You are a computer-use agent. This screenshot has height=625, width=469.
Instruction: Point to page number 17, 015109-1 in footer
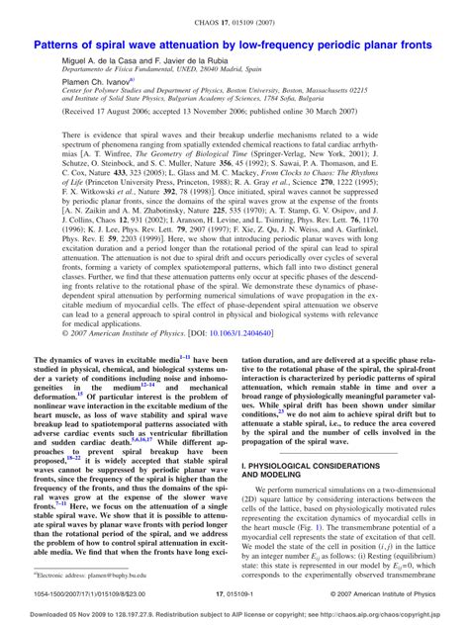tap(234, 593)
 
